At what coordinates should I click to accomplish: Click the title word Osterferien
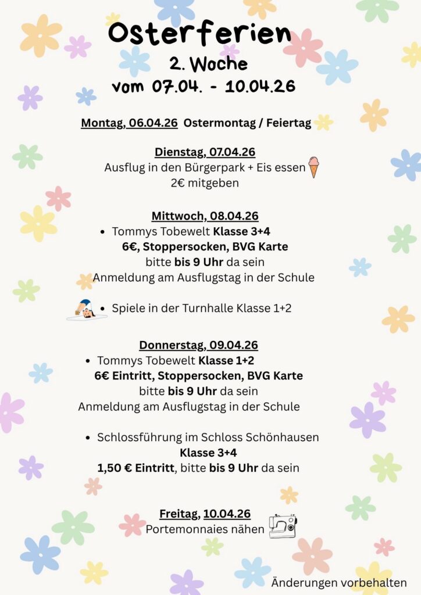tap(199, 34)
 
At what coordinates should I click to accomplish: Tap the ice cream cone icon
tap(314, 167)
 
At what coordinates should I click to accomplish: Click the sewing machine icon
tap(283, 526)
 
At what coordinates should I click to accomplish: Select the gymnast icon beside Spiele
tap(87, 310)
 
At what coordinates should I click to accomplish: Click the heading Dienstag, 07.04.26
tap(205, 152)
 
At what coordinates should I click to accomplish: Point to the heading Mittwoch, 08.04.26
tap(205, 216)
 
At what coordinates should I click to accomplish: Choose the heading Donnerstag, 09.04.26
tap(198, 345)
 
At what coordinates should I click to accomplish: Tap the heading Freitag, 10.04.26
tap(205, 514)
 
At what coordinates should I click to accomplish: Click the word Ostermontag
tap(217, 123)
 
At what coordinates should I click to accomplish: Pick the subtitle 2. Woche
tap(208, 63)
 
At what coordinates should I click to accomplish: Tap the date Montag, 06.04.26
tap(129, 123)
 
